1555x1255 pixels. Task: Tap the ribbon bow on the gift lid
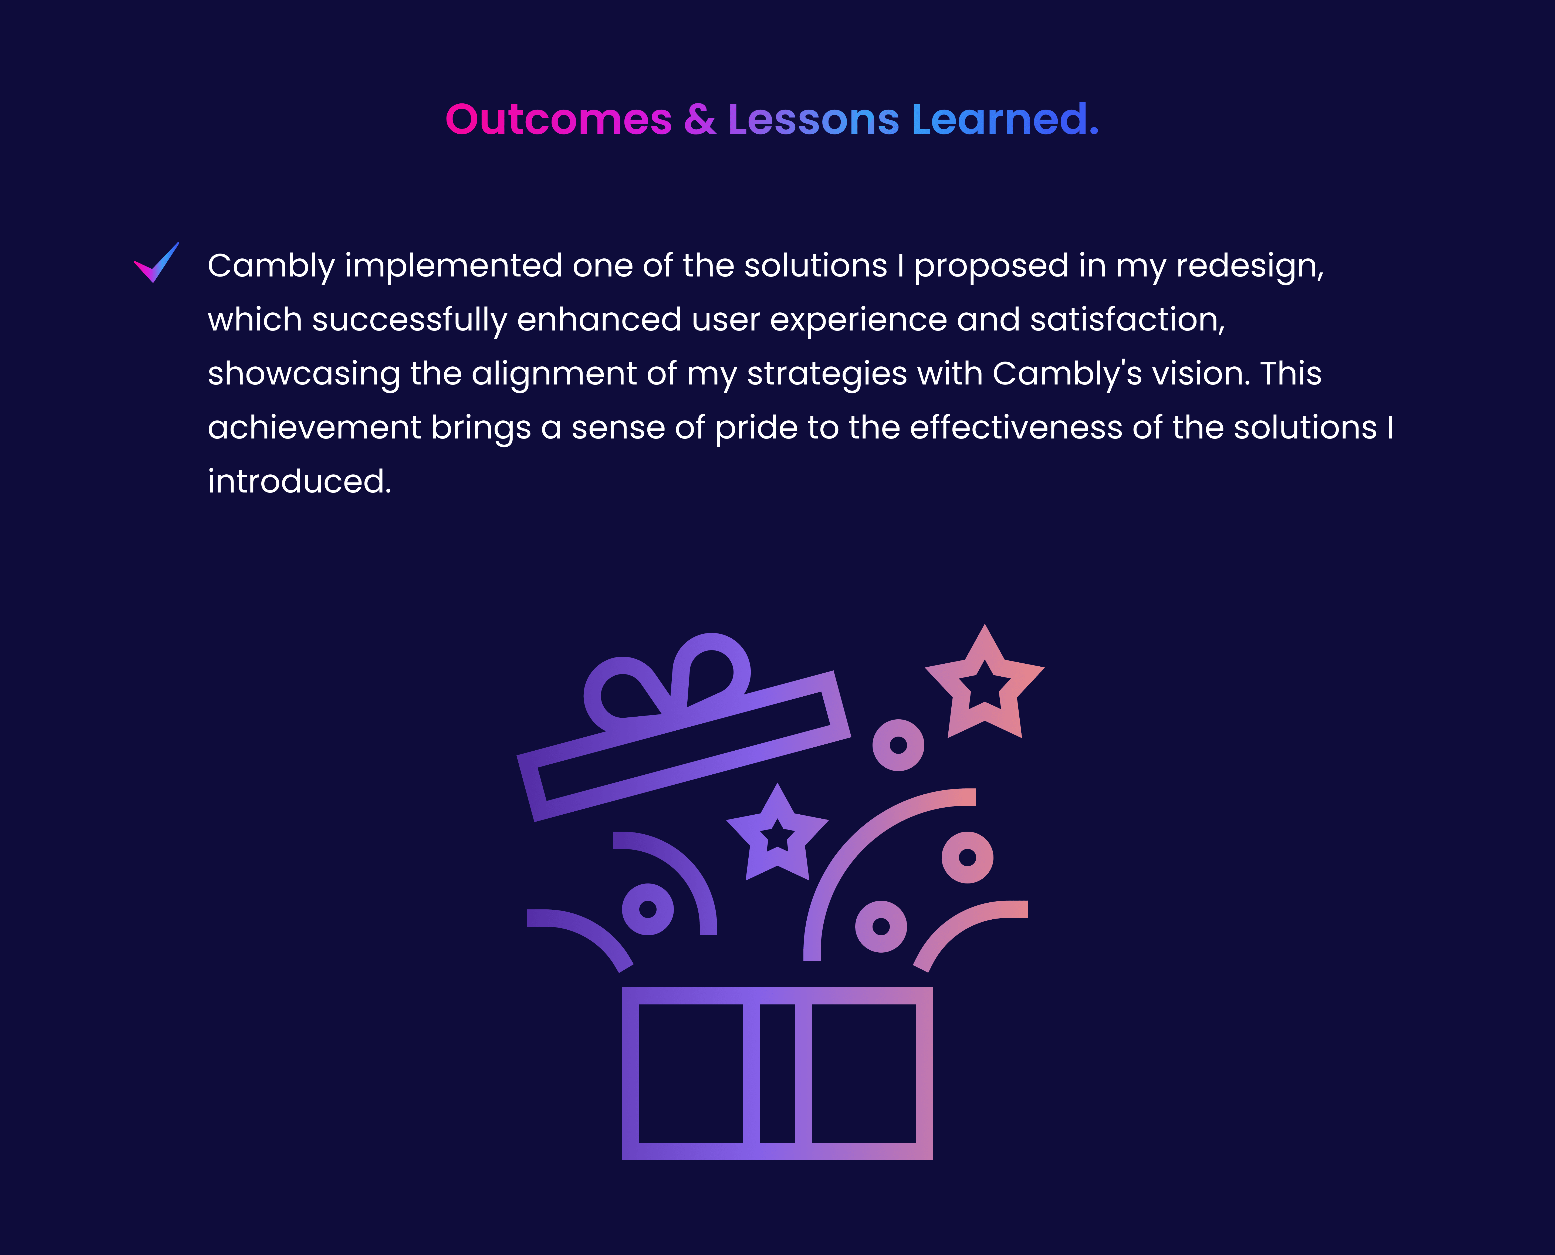(x=669, y=676)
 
